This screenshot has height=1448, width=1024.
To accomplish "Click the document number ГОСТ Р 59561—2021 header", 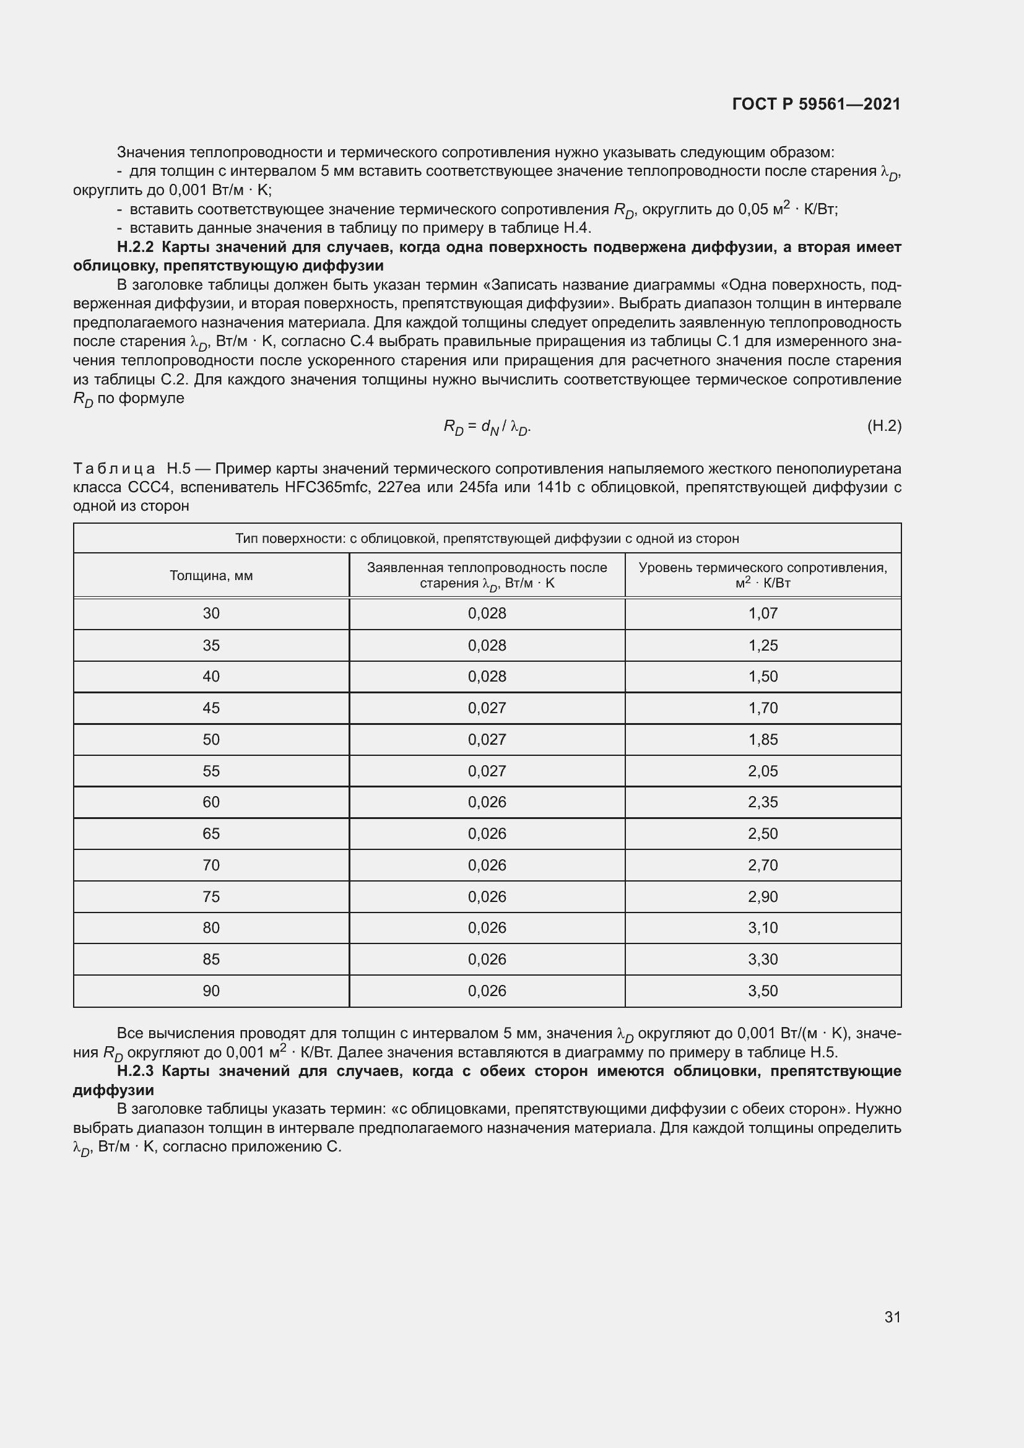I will tap(816, 104).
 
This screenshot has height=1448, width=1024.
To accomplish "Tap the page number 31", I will tap(892, 1317).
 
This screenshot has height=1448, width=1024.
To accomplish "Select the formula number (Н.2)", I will tap(884, 427).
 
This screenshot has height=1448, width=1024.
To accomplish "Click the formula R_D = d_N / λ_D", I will tap(487, 428).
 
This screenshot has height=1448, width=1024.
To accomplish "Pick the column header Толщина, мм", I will tap(211, 575).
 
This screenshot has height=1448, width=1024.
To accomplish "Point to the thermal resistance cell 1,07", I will tap(763, 613).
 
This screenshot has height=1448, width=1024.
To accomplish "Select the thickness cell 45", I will tap(211, 708).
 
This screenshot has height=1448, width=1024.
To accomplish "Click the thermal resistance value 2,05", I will tap(763, 771).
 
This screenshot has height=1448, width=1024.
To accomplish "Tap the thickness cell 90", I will tap(211, 991).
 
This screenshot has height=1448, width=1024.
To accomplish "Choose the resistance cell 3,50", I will tap(763, 991).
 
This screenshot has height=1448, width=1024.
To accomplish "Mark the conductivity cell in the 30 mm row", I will tap(487, 613).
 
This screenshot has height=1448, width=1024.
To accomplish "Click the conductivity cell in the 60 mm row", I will tap(487, 802).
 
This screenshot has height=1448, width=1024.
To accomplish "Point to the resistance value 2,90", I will tap(763, 896).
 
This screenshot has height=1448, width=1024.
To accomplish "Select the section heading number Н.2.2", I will tap(135, 247).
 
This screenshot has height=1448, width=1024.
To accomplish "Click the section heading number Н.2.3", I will tap(135, 1071).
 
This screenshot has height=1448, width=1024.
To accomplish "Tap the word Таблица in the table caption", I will tap(114, 469).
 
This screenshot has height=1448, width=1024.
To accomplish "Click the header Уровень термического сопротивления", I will tap(763, 568).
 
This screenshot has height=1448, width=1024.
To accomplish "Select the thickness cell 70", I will tap(211, 865).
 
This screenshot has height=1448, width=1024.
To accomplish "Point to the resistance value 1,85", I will tap(763, 739).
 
